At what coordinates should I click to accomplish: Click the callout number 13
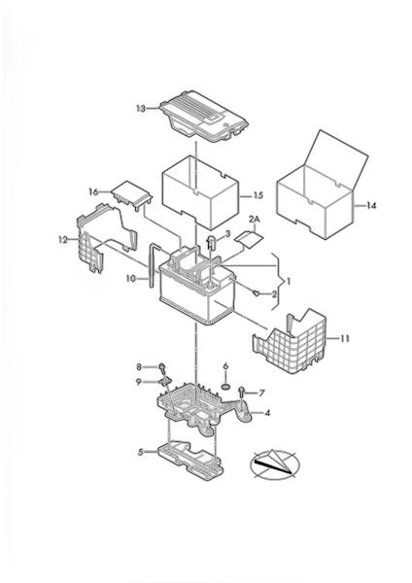click(141, 109)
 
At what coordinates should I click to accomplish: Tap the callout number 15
click(258, 195)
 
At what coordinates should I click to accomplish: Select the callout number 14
click(371, 205)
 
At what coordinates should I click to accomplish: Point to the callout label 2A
click(255, 220)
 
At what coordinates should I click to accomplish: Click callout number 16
click(93, 191)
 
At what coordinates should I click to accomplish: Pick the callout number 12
click(63, 240)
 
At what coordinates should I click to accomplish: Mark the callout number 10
click(131, 278)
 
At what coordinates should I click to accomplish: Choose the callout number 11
click(345, 339)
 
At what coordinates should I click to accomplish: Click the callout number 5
click(141, 453)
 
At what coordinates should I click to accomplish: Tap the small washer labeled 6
click(225, 387)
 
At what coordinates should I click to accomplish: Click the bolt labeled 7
click(242, 390)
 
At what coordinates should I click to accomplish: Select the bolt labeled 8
click(162, 367)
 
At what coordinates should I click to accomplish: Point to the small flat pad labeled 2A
click(249, 237)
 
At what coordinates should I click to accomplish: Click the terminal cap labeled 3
click(212, 242)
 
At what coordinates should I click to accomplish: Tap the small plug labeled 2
click(257, 293)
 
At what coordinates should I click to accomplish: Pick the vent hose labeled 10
click(153, 264)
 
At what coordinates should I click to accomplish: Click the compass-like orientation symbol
click(275, 463)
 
